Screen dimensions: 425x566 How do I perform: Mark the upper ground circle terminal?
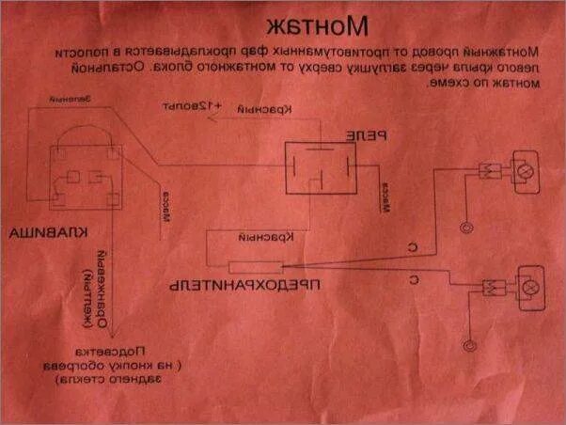point(464,227)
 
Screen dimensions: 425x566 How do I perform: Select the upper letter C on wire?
point(412,247)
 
